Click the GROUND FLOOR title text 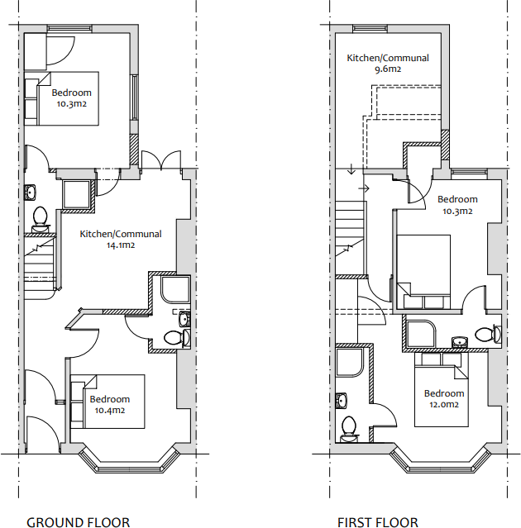(78, 521)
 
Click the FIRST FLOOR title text (377, 521)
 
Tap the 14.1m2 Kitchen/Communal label (121, 240)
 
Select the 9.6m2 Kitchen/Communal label (387, 64)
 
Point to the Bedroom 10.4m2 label (109, 405)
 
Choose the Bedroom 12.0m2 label (444, 399)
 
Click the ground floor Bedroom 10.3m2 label (71, 98)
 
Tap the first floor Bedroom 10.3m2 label (457, 205)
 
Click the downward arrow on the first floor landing (351, 170)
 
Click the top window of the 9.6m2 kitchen (371, 30)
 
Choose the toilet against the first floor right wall (495, 333)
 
